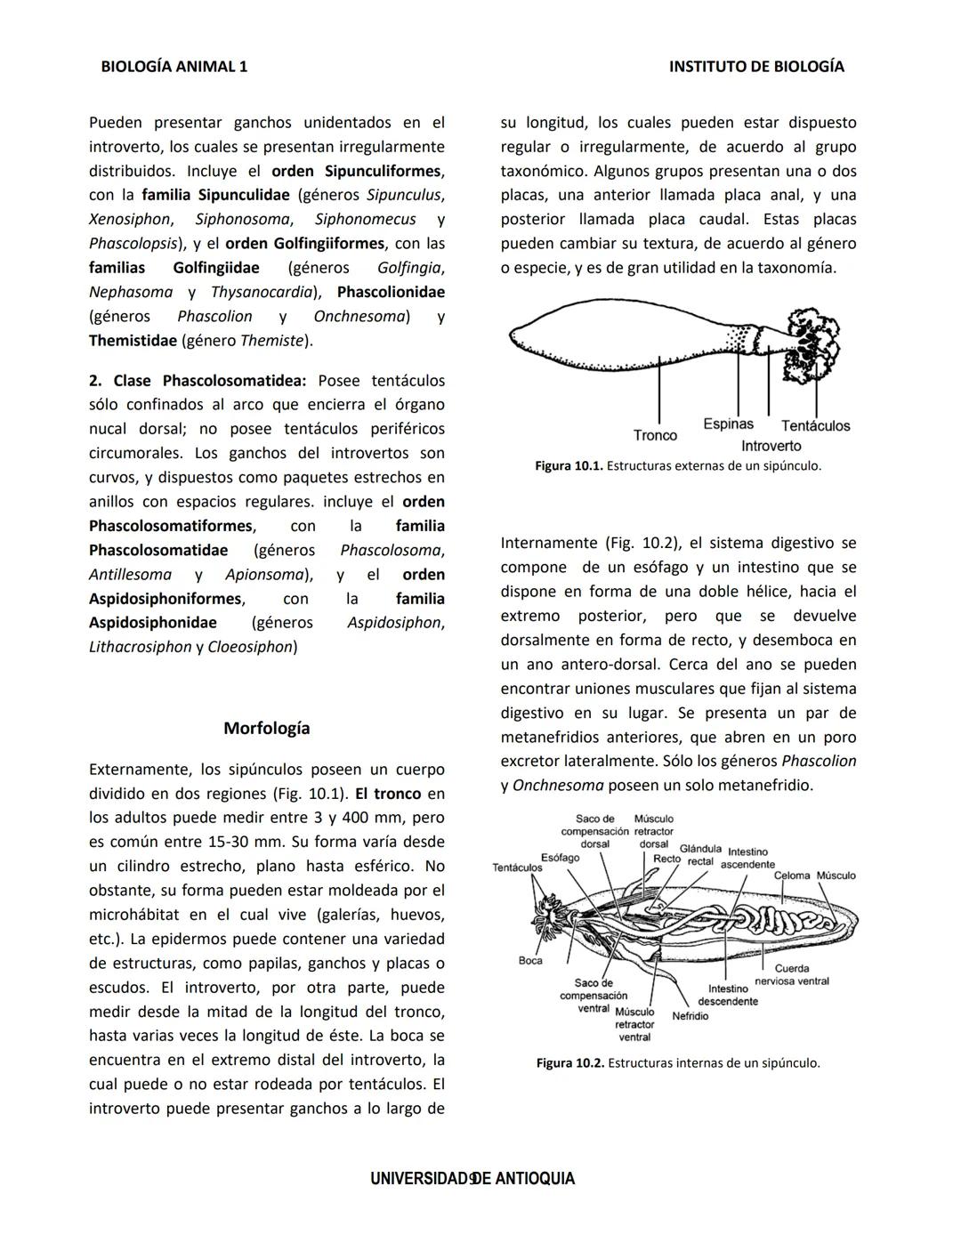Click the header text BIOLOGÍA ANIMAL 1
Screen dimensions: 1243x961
(174, 67)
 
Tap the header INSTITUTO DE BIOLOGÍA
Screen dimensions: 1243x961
(756, 67)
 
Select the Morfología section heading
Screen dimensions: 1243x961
(267, 728)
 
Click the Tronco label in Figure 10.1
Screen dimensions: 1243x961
(655, 435)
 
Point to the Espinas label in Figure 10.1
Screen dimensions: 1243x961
(728, 424)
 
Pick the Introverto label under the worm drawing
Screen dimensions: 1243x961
(771, 446)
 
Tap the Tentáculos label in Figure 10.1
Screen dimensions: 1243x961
(815, 426)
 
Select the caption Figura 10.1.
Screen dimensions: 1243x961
(678, 466)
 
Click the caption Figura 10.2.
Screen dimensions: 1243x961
(678, 1062)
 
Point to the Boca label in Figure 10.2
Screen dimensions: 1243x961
(530, 960)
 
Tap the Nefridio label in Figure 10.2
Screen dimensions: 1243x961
(690, 1015)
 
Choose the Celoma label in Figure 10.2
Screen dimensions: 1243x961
(792, 876)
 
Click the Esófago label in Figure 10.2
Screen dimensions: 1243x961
(561, 858)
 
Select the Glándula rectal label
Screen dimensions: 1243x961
(700, 855)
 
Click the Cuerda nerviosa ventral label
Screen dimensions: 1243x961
(792, 974)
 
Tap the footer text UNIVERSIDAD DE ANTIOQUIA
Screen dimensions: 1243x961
(472, 1179)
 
